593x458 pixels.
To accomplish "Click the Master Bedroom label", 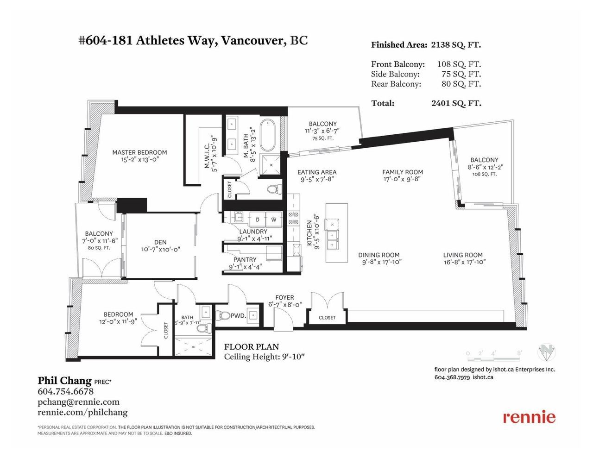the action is [139, 152].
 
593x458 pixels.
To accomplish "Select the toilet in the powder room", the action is [223, 316].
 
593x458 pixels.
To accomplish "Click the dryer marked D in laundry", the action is [257, 220].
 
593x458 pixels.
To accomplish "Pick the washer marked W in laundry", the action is [274, 220].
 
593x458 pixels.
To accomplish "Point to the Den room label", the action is [160, 242].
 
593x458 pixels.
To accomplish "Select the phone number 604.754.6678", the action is [65, 391].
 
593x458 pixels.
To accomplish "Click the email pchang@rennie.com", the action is [79, 402].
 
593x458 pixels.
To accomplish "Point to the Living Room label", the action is [462, 255].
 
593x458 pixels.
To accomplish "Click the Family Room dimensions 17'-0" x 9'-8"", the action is [403, 179].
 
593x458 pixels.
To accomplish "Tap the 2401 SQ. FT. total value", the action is [456, 103].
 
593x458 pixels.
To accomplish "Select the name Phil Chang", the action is [65, 380].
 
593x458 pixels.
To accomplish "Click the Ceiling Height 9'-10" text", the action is [264, 357].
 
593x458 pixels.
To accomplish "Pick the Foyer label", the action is [284, 297].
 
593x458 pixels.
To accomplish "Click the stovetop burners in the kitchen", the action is [293, 218].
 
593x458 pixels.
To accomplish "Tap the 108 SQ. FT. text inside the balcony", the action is [485, 174].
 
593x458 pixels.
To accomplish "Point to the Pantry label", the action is [245, 259].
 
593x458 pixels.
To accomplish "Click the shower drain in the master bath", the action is [271, 164].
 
